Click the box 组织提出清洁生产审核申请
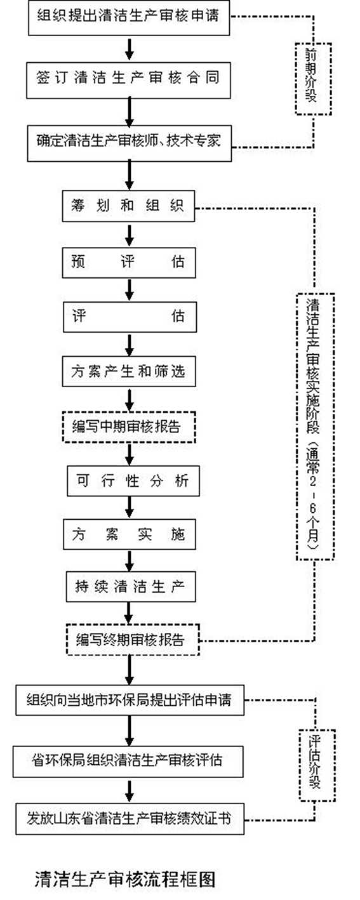[x=129, y=18]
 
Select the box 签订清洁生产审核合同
[x=128, y=80]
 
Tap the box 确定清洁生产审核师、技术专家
[x=130, y=143]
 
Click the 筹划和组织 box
[x=128, y=206]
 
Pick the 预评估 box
[x=129, y=263]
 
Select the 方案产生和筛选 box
[x=129, y=371]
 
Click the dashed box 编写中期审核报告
[x=129, y=427]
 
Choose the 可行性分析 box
[x=133, y=481]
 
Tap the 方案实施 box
[x=130, y=535]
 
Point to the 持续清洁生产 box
[x=131, y=586]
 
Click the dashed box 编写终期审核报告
[x=133, y=639]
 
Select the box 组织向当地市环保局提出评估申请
[x=130, y=700]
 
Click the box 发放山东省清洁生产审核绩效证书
[x=130, y=819]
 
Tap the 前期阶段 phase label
[x=314, y=78]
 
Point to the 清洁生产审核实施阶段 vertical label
[x=315, y=427]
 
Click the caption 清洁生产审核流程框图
[x=125, y=880]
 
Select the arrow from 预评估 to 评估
[x=129, y=289]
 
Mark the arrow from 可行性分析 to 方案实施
[x=129, y=508]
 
